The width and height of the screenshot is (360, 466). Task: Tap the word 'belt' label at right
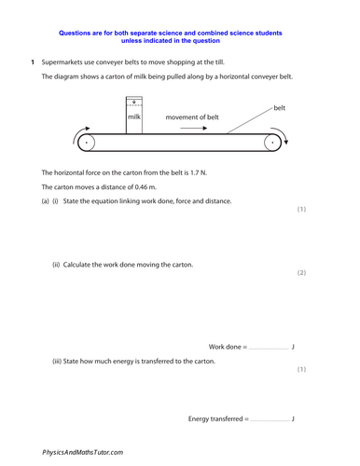point(279,108)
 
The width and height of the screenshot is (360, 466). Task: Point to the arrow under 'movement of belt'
point(193,130)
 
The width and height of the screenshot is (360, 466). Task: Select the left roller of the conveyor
point(87,144)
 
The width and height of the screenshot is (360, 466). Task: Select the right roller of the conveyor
point(272,144)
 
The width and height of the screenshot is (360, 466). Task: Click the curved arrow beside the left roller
point(74,139)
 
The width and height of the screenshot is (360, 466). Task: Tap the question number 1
point(32,62)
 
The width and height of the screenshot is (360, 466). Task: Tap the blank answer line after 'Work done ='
point(270,348)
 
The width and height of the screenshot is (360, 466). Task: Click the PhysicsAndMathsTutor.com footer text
point(83,451)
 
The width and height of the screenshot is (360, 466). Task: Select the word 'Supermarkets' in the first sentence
point(66,62)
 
